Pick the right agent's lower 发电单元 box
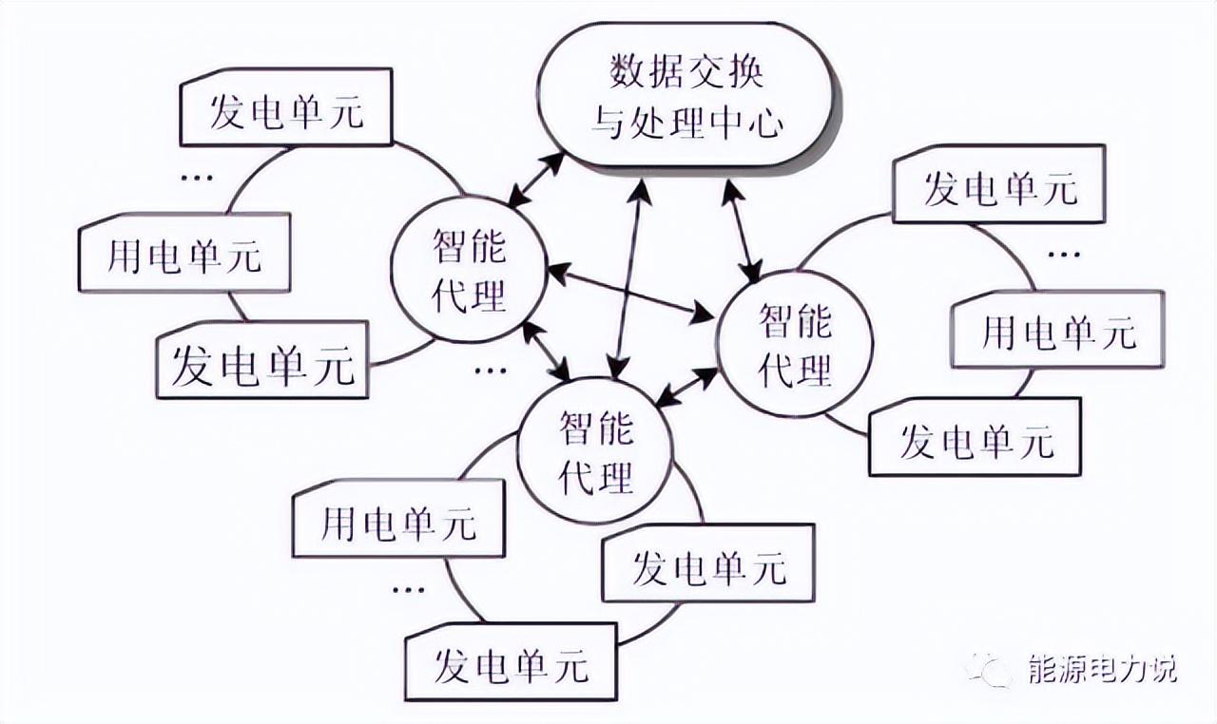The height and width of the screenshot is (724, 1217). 976,439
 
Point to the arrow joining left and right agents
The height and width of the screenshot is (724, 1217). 631,292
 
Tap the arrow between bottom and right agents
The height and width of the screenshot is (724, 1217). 687,384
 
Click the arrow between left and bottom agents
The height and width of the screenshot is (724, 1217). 546,349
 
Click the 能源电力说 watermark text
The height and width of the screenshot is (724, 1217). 1103,669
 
